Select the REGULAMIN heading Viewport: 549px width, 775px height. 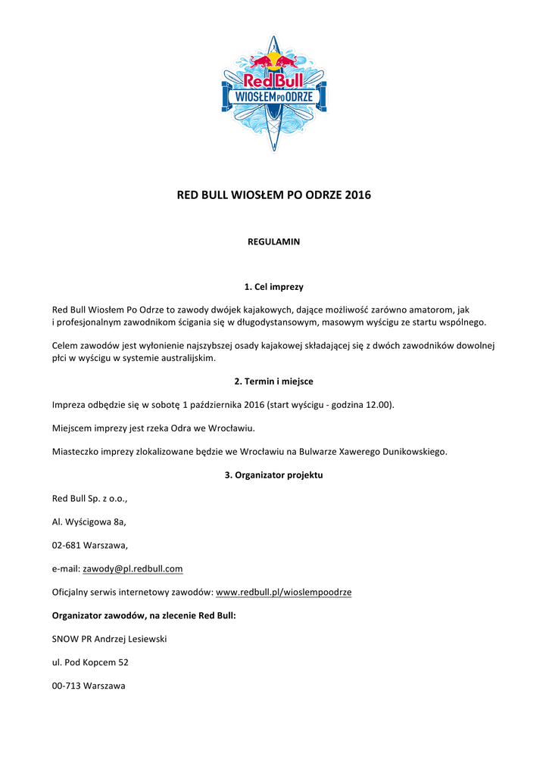(x=274, y=242)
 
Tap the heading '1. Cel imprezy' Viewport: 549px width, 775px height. (x=274, y=287)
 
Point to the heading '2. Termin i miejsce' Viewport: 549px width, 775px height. (x=274, y=381)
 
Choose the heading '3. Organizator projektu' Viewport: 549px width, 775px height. (x=274, y=475)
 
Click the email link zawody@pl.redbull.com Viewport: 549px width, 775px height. (x=133, y=569)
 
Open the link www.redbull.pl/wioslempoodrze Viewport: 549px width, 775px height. (x=284, y=593)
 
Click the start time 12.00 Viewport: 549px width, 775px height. (x=378, y=405)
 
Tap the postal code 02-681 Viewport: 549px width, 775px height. (x=66, y=546)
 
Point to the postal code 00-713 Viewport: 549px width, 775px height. (x=66, y=686)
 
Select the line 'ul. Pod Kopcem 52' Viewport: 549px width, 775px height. (x=90, y=663)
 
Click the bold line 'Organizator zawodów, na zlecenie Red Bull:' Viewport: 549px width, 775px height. (x=144, y=616)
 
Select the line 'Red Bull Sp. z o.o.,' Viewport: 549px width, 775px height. (x=89, y=499)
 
